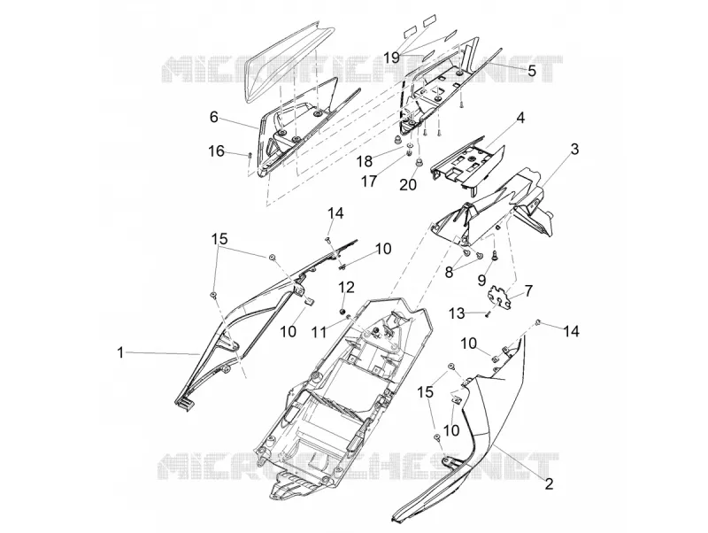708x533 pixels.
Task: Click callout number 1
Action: pyautogui.click(x=120, y=352)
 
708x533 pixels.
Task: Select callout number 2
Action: pyautogui.click(x=549, y=483)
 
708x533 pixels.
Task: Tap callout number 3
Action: pyautogui.click(x=574, y=149)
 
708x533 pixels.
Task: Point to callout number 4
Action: pyautogui.click(x=520, y=105)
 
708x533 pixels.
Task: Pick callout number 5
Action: pyautogui.click(x=532, y=70)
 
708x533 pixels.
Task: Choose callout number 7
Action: pyautogui.click(x=527, y=290)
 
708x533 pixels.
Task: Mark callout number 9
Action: pyautogui.click(x=481, y=280)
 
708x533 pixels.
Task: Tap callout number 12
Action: pyautogui.click(x=347, y=287)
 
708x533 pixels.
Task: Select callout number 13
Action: pyautogui.click(x=458, y=313)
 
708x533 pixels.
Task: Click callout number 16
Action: pyautogui.click(x=216, y=151)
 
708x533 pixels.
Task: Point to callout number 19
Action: pyautogui.click(x=392, y=58)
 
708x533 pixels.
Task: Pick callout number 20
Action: pyautogui.click(x=408, y=184)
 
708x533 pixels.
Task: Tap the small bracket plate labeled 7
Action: pyautogui.click(x=500, y=297)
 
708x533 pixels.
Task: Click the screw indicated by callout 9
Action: pyautogui.click(x=495, y=255)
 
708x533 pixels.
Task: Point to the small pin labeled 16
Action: pyautogui.click(x=249, y=155)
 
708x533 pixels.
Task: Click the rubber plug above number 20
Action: pyautogui.click(x=419, y=161)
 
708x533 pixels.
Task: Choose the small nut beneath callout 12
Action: pyautogui.click(x=342, y=312)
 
